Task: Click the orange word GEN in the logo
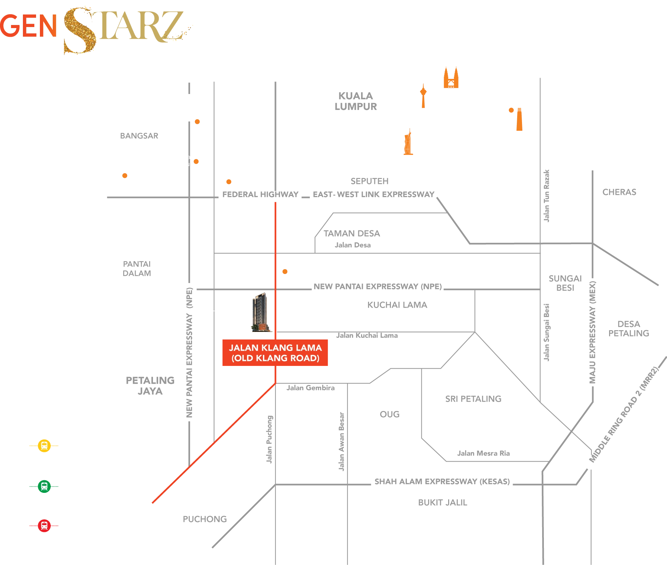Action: pyautogui.click(x=28, y=26)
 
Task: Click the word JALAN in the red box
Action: pyautogui.click(x=241, y=348)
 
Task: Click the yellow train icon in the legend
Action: pyautogui.click(x=44, y=445)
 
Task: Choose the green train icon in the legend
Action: pyautogui.click(x=44, y=486)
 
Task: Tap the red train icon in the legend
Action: pyautogui.click(x=44, y=526)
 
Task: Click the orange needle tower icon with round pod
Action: pyautogui.click(x=423, y=95)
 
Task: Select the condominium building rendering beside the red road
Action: pyautogui.click(x=260, y=312)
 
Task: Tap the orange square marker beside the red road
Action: pyautogui.click(x=285, y=272)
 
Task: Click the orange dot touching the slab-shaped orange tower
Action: pyautogui.click(x=511, y=111)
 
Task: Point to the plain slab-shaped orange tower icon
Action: pyautogui.click(x=519, y=119)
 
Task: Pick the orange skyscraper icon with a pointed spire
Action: pyautogui.click(x=408, y=142)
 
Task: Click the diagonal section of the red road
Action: pyautogui.click(x=215, y=442)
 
